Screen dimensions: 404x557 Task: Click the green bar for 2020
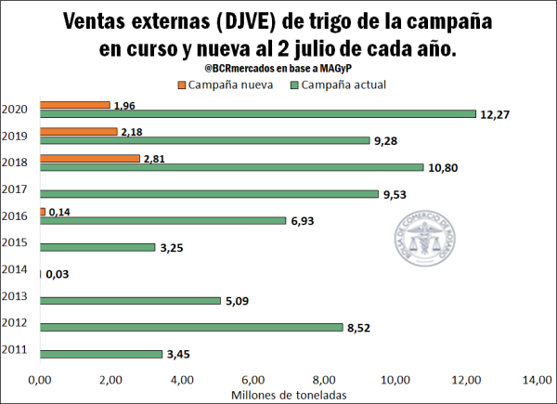point(257,114)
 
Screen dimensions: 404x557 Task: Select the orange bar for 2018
point(89,159)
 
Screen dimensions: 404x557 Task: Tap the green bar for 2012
point(191,327)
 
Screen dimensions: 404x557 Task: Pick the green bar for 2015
point(97,247)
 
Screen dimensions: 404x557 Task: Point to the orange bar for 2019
point(78,132)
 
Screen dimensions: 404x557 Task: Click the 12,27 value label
point(497,114)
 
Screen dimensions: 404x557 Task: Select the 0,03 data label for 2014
point(58,274)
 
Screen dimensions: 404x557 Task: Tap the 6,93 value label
point(305,221)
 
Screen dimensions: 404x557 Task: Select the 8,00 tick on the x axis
point(323,380)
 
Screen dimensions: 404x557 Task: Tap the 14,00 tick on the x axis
point(536,380)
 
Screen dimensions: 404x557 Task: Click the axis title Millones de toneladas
point(287,395)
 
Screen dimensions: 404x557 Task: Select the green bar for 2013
point(130,300)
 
